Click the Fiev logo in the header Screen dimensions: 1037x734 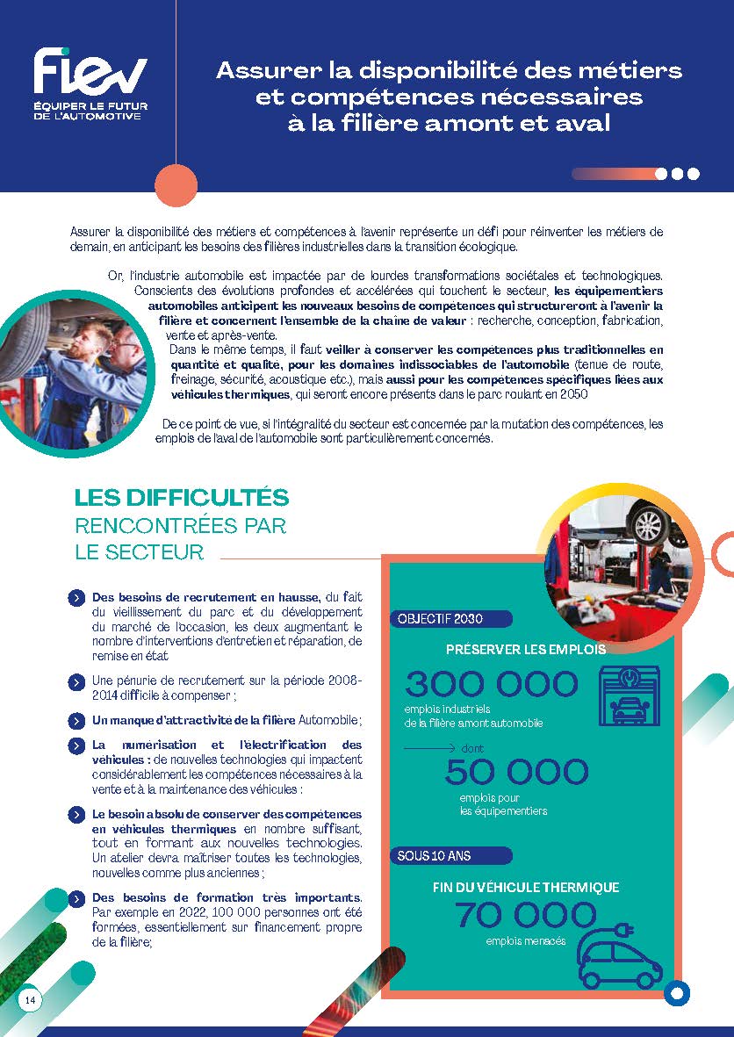tap(89, 84)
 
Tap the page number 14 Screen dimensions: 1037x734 tap(30, 1000)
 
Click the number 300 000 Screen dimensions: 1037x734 tap(492, 684)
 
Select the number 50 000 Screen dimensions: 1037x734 tap(516, 772)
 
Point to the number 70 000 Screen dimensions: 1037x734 tap(525, 916)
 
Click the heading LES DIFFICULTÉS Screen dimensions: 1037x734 tap(182, 497)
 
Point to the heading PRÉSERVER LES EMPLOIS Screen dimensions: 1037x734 tap(525, 650)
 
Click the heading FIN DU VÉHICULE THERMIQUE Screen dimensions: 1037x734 tap(526, 888)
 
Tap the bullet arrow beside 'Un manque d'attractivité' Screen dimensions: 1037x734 tap(76, 721)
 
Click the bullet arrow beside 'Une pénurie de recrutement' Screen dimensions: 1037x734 tap(76, 681)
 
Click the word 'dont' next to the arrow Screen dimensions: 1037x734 tap(471, 749)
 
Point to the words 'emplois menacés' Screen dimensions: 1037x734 tap(526, 942)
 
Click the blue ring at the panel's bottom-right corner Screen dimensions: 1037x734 tap(677, 993)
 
